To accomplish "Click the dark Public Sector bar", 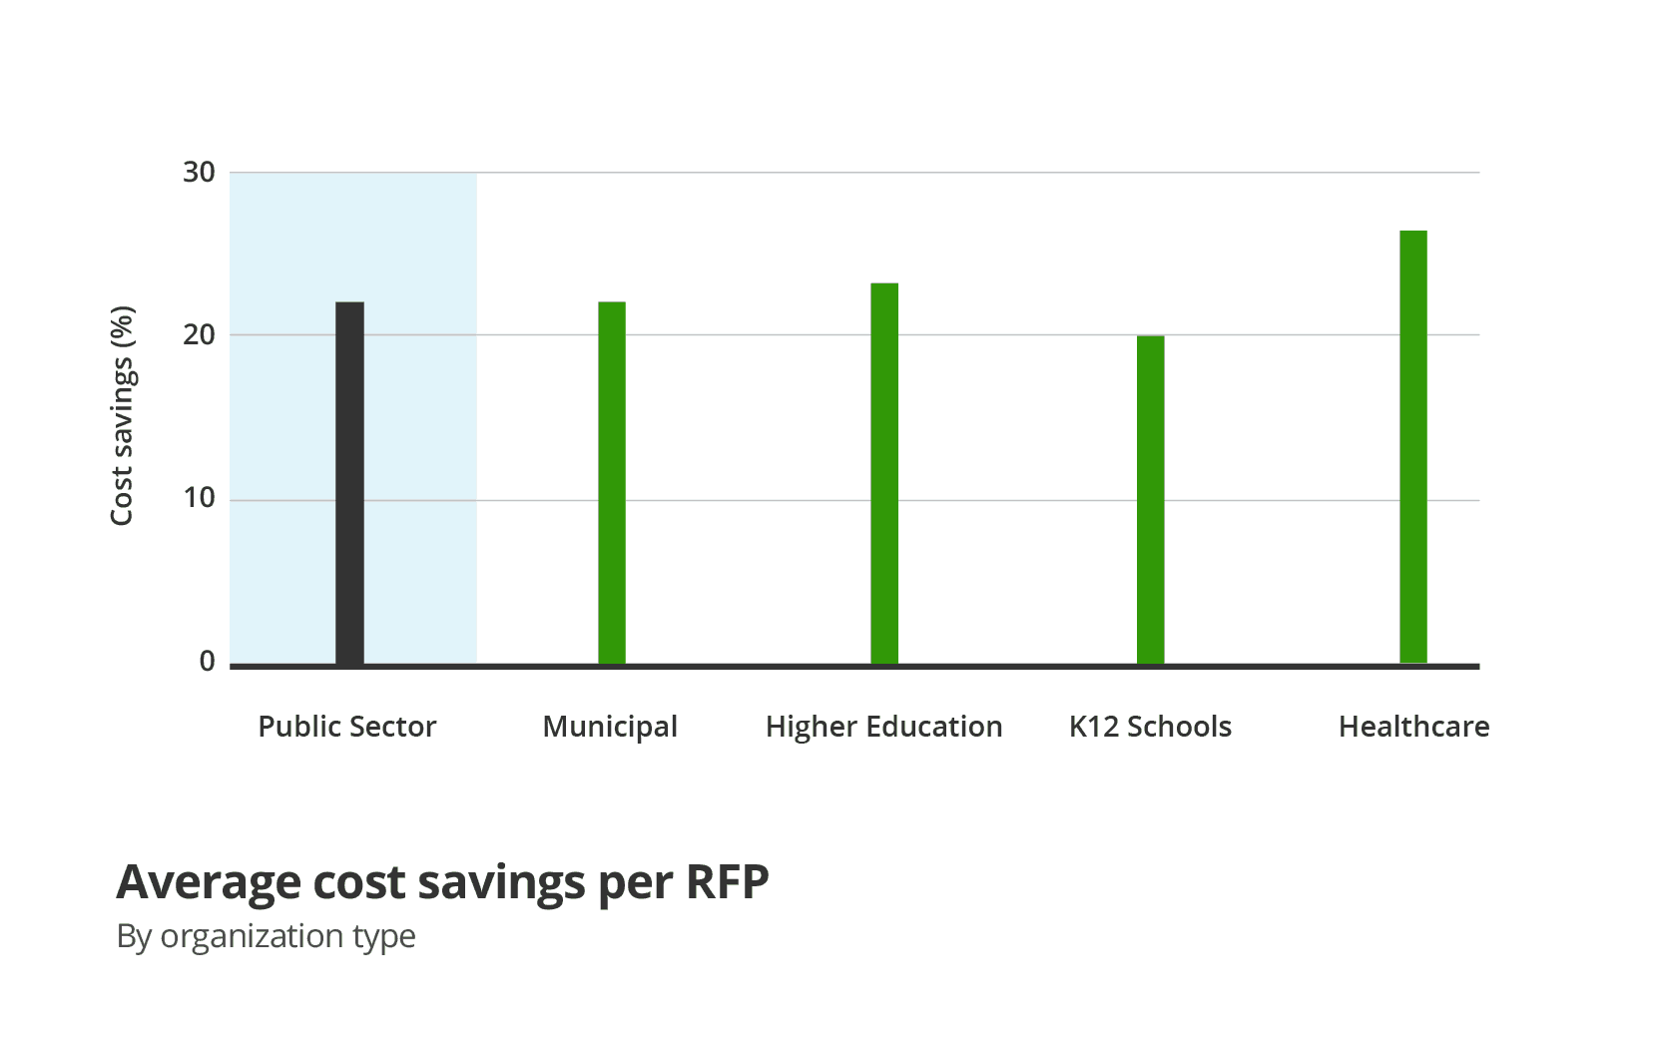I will point(349,483).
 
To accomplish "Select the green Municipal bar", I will point(612,483).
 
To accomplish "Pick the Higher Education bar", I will point(884,474).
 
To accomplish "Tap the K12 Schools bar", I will point(1150,500).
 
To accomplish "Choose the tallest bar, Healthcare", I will point(1413,447).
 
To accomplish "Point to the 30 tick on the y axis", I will point(199,173).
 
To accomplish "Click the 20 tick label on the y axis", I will point(199,335).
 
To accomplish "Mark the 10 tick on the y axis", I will point(199,498).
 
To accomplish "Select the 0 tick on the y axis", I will point(207,661).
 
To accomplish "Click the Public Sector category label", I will point(347,727).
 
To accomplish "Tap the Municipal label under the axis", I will point(610,727).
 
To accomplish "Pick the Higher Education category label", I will point(883,727).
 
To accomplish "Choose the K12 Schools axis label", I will point(1150,727).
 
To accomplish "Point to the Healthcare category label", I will point(1413,727).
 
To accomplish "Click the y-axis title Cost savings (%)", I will point(122,415).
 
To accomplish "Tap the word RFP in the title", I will point(726,882).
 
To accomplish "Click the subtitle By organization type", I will point(266,936).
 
